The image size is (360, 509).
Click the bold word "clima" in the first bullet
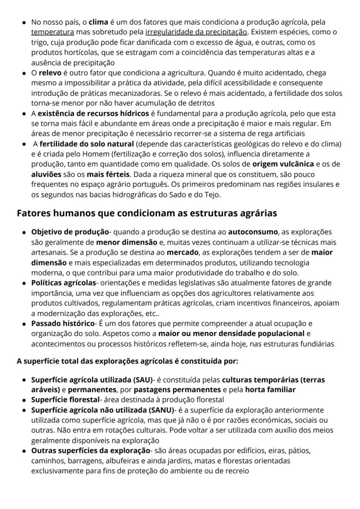(97, 22)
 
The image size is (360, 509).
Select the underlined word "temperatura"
(53, 32)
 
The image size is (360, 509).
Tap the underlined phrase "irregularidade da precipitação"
(196, 32)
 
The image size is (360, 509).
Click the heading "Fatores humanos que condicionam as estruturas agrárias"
(147, 214)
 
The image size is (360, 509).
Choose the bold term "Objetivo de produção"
(70, 232)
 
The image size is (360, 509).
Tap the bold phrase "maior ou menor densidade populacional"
(231, 334)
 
